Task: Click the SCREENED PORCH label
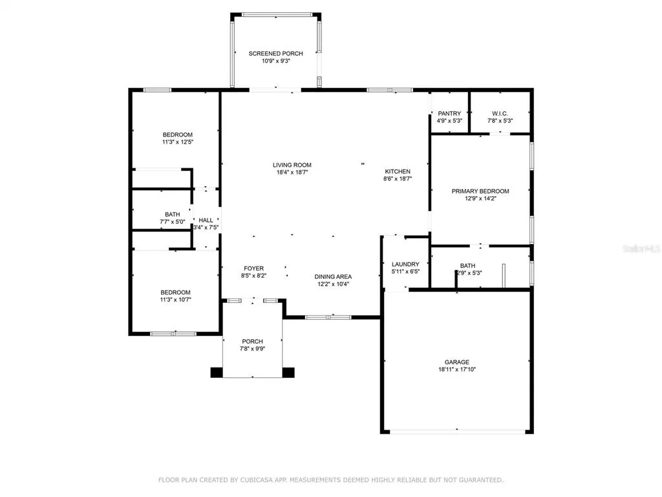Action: [275, 54]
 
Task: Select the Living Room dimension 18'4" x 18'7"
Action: [292, 172]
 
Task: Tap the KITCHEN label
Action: [398, 171]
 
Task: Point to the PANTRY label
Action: [449, 114]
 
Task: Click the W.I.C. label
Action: [500, 114]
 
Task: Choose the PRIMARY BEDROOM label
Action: [480, 192]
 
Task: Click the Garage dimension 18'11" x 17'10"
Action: [457, 370]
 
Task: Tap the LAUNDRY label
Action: [405, 265]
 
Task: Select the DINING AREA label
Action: [333, 277]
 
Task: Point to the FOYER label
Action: [253, 269]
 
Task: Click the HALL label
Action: [206, 220]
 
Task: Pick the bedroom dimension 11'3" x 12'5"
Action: [178, 142]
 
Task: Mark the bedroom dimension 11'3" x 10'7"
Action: [175, 300]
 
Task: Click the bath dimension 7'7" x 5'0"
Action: [172, 221]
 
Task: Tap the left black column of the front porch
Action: [217, 372]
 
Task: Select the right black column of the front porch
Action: [288, 372]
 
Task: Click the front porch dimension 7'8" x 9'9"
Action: [253, 349]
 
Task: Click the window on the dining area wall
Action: [328, 317]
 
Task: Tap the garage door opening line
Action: [457, 432]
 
